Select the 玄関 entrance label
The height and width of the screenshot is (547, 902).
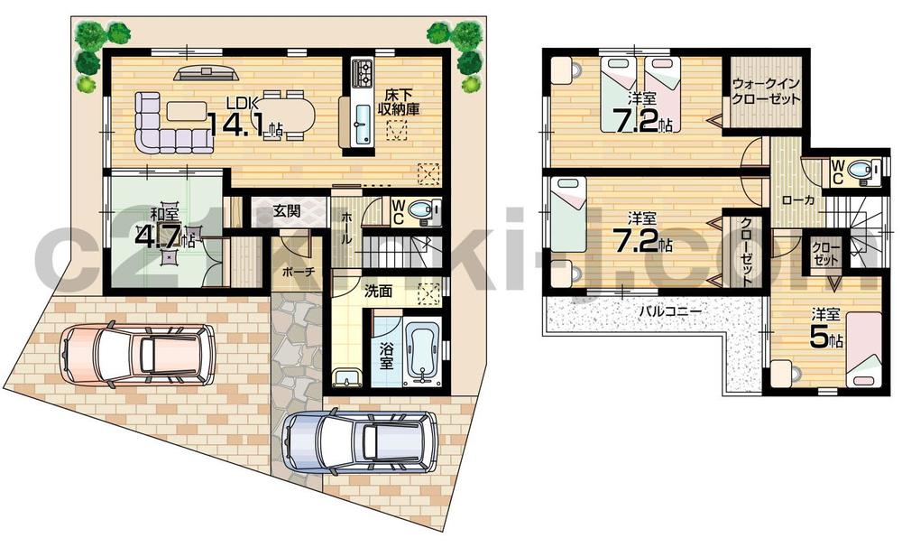[x=287, y=211]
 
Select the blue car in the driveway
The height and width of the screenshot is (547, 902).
[x=358, y=443]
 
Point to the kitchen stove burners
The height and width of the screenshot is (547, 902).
[x=362, y=70]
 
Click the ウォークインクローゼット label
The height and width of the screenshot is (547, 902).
[x=766, y=91]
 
